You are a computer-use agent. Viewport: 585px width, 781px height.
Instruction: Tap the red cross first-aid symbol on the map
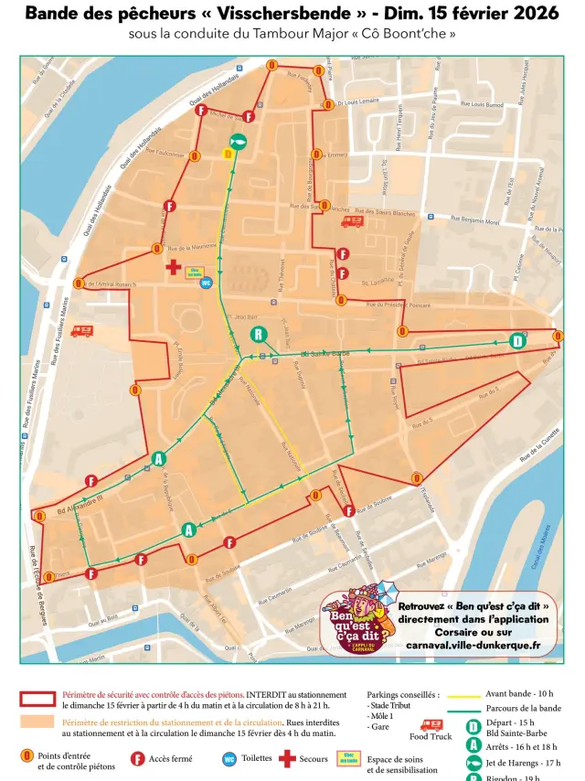tap(173, 267)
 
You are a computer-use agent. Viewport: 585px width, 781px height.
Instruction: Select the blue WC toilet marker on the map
tap(206, 283)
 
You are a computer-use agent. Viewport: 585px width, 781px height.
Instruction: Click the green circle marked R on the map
tap(259, 334)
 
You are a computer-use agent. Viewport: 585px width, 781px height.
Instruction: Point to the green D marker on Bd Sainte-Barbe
tap(517, 341)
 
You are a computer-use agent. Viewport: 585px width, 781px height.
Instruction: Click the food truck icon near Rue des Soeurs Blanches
tap(353, 220)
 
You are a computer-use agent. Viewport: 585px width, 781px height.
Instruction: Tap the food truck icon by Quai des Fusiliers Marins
tap(81, 331)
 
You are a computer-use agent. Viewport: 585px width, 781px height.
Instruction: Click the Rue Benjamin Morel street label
tap(479, 220)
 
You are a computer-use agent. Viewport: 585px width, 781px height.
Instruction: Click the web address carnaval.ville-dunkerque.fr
tap(473, 645)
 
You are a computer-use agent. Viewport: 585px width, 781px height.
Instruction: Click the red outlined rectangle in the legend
tap(37, 699)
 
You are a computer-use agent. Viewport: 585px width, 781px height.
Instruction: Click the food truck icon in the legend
tap(431, 723)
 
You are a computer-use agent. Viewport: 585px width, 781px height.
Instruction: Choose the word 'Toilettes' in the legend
tap(257, 758)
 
